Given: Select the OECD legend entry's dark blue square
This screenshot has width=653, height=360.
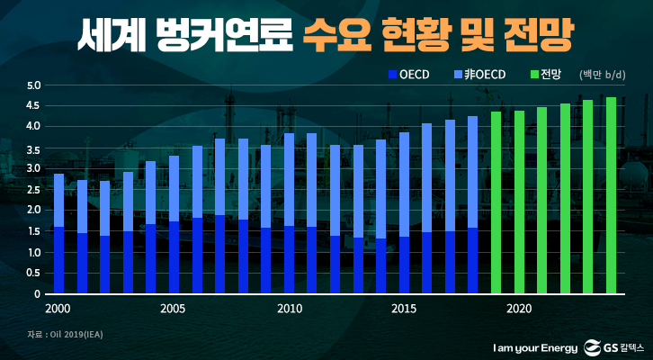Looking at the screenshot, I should tap(392, 74).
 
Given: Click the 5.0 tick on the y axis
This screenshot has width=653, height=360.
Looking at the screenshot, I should tap(33, 86).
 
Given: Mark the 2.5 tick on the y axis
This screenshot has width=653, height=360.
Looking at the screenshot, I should tap(33, 190).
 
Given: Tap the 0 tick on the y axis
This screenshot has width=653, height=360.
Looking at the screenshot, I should tap(38, 294).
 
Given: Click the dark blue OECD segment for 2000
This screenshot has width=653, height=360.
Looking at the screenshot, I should tap(58, 260).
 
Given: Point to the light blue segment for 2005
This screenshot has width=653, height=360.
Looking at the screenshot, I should tap(174, 189).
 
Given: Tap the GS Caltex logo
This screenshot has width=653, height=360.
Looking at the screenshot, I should tap(615, 346).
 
